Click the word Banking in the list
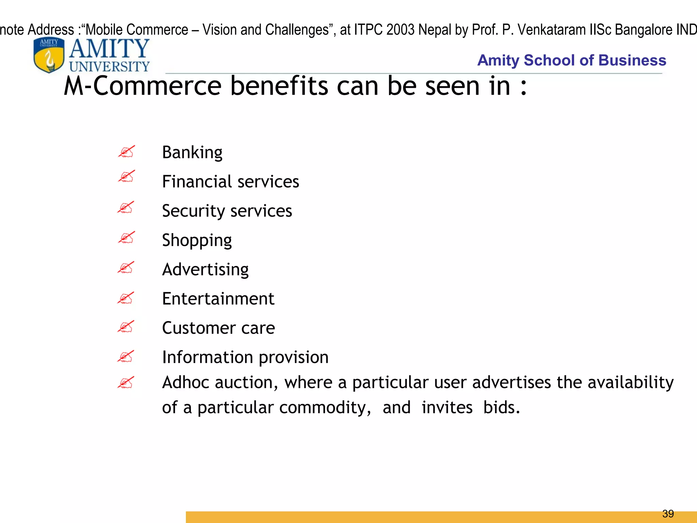click(x=192, y=152)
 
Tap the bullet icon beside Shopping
click(x=126, y=237)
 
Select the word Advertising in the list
click(x=205, y=269)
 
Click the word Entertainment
click(x=218, y=299)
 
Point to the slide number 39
click(x=668, y=513)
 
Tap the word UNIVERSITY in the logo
click(x=109, y=66)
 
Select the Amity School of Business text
click(x=571, y=60)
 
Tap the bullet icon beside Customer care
click(x=126, y=327)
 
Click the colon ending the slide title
click(x=523, y=87)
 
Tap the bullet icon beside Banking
click(x=126, y=152)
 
